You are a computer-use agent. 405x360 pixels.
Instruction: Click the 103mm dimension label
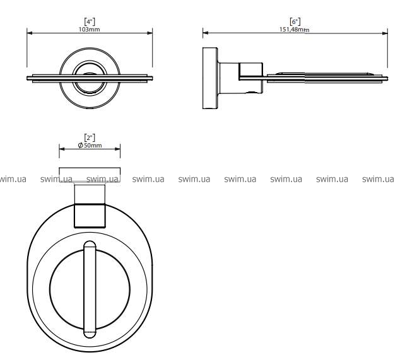point(90,30)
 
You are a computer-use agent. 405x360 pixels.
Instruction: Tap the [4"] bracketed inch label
point(90,21)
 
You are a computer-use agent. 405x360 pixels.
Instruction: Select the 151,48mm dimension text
point(295,30)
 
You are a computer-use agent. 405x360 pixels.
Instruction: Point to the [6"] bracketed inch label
point(295,21)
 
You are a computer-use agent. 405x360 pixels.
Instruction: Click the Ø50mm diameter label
point(90,145)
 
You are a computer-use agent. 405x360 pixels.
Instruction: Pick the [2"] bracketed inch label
point(90,137)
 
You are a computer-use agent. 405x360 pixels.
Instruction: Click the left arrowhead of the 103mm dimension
point(30,33)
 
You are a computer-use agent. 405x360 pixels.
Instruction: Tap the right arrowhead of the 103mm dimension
point(150,33)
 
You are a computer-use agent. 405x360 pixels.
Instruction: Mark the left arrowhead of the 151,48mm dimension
point(206,33)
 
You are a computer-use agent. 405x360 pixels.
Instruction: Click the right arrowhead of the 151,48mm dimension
point(385,33)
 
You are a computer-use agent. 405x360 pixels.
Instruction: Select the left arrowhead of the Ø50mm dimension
point(62,149)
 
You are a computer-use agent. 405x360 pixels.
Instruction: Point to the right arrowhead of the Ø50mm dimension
point(117,149)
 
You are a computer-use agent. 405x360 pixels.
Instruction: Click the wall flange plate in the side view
point(210,78)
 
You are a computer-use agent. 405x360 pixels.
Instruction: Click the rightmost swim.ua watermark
point(378,179)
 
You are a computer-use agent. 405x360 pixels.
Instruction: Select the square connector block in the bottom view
point(90,216)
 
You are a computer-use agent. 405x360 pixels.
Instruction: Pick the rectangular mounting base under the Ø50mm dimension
point(90,175)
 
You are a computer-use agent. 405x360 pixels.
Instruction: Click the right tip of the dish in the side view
point(387,78)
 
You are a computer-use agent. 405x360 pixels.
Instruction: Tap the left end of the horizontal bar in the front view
point(27,78)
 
